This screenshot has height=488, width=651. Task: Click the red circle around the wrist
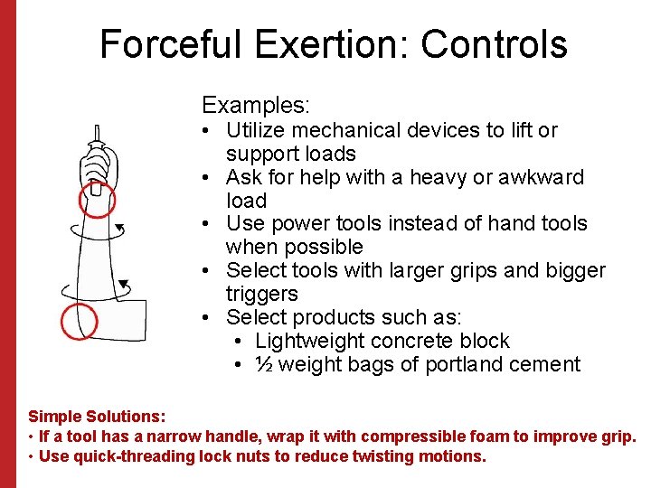coord(97,201)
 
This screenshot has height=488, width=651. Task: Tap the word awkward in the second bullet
coord(541,177)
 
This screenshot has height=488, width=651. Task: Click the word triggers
coord(262,294)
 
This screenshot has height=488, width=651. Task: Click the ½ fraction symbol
coord(265,364)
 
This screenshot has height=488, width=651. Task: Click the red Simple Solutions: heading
coord(97,417)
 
